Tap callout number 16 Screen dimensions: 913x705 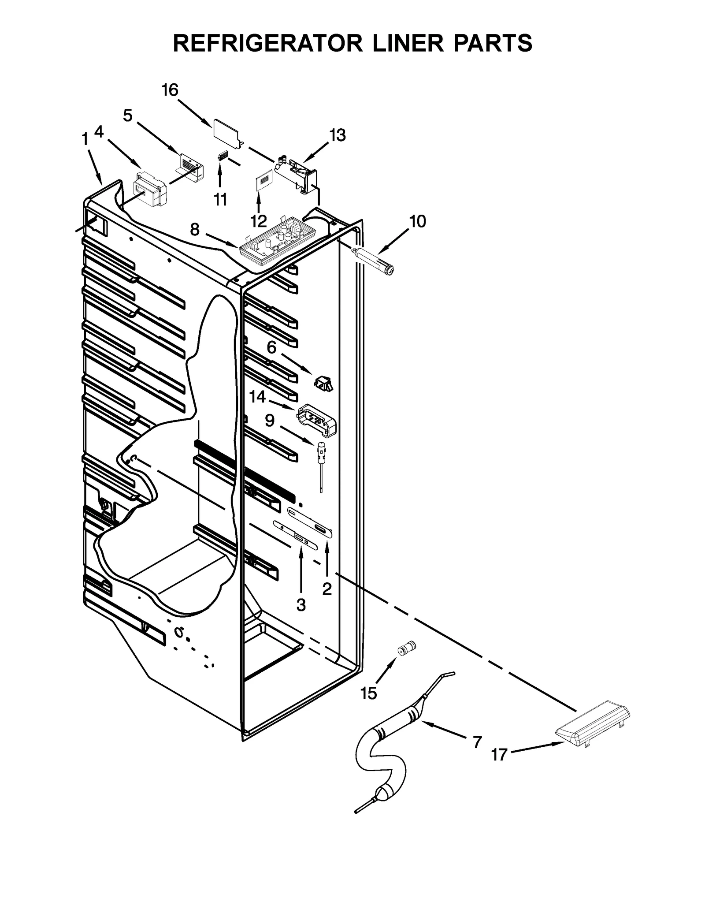170,90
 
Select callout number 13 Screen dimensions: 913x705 338,135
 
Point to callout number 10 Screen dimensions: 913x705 417,221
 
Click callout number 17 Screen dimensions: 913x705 499,755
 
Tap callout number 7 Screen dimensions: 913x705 477,742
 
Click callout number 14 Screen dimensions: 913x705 257,397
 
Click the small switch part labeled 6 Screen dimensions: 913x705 323,383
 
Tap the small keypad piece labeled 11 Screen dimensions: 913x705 223,157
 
